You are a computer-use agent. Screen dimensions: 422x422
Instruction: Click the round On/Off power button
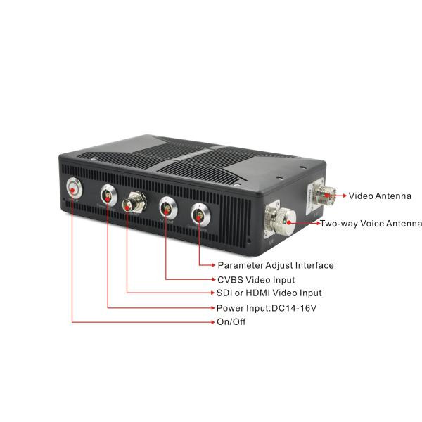(x=75, y=188)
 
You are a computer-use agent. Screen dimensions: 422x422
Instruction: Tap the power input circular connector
(x=108, y=196)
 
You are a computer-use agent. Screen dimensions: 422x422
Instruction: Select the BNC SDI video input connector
(x=134, y=203)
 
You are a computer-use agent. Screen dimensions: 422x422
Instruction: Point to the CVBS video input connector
(x=168, y=207)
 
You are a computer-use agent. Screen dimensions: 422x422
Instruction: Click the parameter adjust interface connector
(x=200, y=215)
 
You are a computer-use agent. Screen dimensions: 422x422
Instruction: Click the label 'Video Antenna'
(x=380, y=196)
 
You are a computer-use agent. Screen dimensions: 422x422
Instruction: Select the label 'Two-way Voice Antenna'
(x=371, y=224)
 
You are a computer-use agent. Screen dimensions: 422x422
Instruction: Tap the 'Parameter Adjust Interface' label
(x=276, y=265)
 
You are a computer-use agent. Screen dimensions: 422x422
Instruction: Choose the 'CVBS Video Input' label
(x=256, y=280)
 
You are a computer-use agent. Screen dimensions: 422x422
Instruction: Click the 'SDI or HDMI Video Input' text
(x=269, y=293)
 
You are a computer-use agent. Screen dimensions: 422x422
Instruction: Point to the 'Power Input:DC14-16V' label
(x=267, y=308)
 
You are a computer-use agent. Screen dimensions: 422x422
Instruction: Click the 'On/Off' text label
(x=231, y=321)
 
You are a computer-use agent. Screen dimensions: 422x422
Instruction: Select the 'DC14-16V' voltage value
(x=294, y=308)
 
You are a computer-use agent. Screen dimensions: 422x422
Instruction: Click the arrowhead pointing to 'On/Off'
(x=213, y=322)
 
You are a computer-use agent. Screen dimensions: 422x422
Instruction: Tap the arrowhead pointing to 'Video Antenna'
(x=345, y=196)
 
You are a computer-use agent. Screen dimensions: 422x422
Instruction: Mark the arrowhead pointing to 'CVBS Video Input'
(x=213, y=279)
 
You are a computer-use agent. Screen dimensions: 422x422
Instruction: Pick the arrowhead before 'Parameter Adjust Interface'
(x=213, y=265)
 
